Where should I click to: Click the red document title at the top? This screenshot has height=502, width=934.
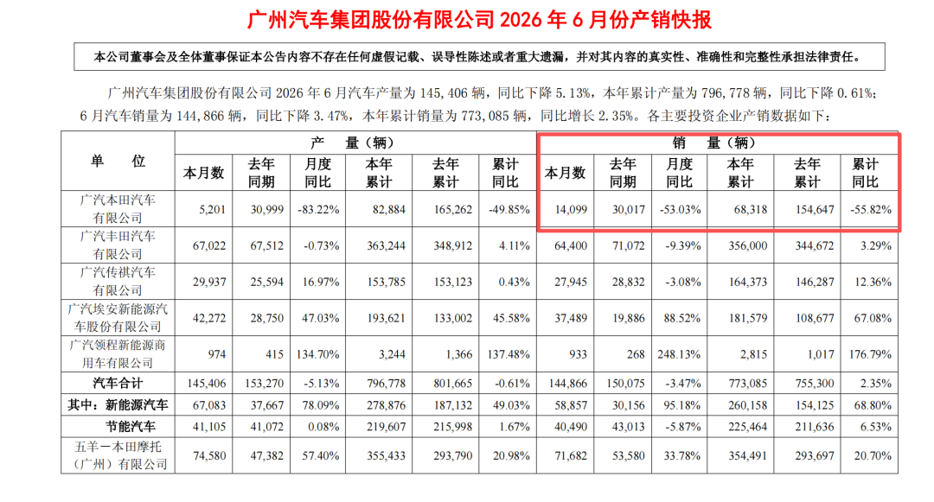pos(479,20)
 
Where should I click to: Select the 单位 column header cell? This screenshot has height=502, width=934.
pos(118,162)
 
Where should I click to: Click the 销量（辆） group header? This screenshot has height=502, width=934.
pos(714,143)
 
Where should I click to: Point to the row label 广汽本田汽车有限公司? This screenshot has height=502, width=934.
pos(118,209)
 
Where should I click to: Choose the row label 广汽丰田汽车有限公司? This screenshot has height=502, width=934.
pos(118,245)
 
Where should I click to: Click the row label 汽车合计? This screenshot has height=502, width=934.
pos(118,384)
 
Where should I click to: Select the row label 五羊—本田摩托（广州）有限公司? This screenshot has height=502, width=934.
pos(118,455)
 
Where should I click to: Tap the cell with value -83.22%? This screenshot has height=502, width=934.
pos(318,209)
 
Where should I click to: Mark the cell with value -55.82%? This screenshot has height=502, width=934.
pos(870,209)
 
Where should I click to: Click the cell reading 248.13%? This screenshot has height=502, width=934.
pos(679,354)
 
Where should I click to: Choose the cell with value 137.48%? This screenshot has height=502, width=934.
pos(509,354)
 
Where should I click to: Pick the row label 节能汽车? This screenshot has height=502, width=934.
pos(131,427)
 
